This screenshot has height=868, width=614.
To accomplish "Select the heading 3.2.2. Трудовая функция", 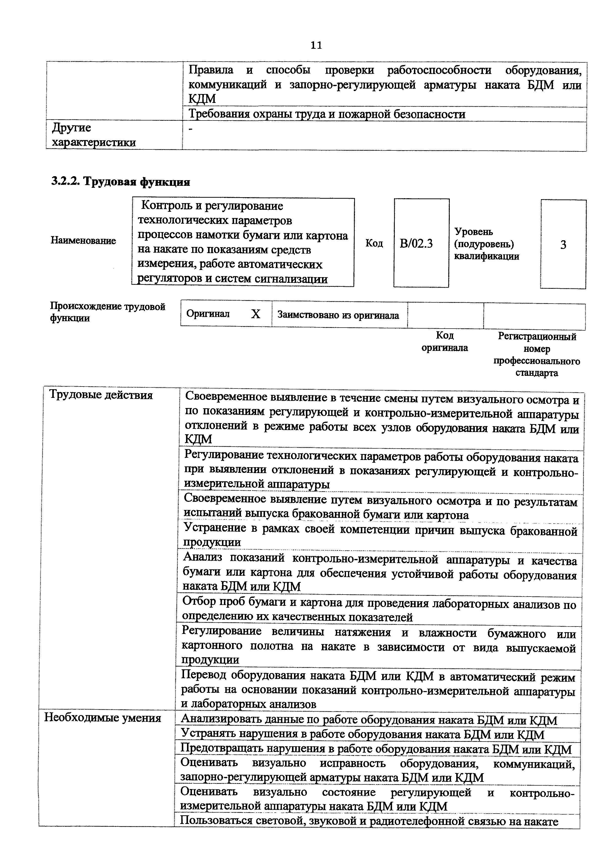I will (x=120, y=182).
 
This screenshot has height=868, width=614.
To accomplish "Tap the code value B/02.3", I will (x=416, y=243).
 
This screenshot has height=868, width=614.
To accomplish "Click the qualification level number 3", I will (x=563, y=245).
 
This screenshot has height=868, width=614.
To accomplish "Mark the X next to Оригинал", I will (x=256, y=314).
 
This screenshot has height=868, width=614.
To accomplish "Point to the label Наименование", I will (x=83, y=241).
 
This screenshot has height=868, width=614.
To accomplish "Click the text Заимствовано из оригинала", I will (x=338, y=315).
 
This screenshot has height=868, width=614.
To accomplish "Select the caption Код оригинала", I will (x=445, y=341).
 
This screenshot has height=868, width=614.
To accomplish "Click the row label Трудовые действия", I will (x=101, y=395).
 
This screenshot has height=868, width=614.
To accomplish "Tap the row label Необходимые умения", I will (x=103, y=718).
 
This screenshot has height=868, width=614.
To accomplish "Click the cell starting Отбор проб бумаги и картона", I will (x=378, y=609).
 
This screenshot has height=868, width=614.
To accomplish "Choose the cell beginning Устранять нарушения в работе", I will (x=362, y=735).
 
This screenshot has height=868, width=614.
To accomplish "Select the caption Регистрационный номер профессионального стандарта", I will (x=536, y=355).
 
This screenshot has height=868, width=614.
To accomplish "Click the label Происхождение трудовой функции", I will (x=108, y=312).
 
